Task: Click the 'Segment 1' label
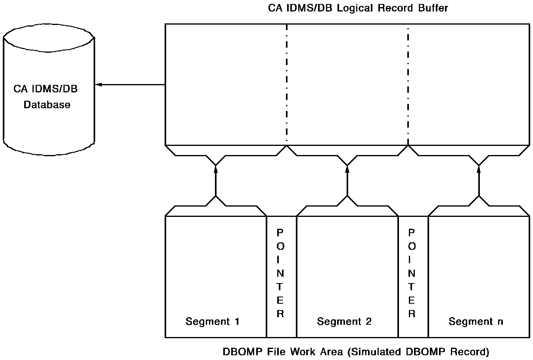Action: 212,321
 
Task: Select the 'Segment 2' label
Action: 344,321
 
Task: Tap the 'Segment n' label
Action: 475,321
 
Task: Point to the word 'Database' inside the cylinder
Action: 47,105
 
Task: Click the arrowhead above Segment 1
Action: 216,169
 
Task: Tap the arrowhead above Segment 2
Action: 347,169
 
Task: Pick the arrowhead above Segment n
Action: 479,169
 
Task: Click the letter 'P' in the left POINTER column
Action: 280,232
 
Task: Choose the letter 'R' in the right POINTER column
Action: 412,314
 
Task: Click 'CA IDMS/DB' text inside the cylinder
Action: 46,89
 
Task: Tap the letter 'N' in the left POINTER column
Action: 280,273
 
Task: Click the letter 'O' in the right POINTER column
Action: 412,246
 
